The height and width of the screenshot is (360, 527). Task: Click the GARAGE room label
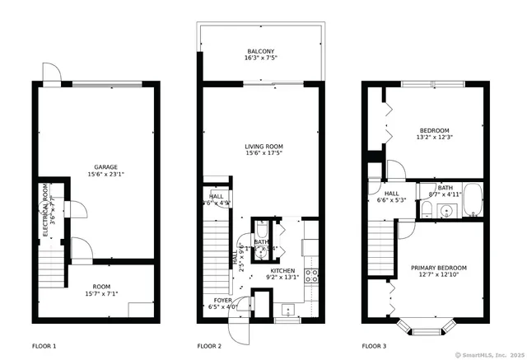(105, 166)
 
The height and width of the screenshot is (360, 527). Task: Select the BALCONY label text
(260, 51)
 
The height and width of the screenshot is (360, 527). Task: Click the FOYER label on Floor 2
(223, 300)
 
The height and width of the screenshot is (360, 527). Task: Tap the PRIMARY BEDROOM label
(439, 268)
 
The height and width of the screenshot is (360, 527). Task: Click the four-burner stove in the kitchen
(312, 277)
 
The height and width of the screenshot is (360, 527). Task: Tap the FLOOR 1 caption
(45, 346)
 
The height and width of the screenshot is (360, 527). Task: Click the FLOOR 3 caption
(376, 346)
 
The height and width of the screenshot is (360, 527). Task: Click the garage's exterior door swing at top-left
(52, 73)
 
